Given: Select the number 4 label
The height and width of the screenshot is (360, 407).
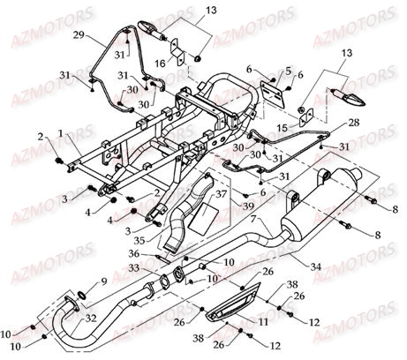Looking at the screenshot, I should point(111,211).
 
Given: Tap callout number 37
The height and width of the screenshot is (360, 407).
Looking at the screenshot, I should point(222,193).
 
